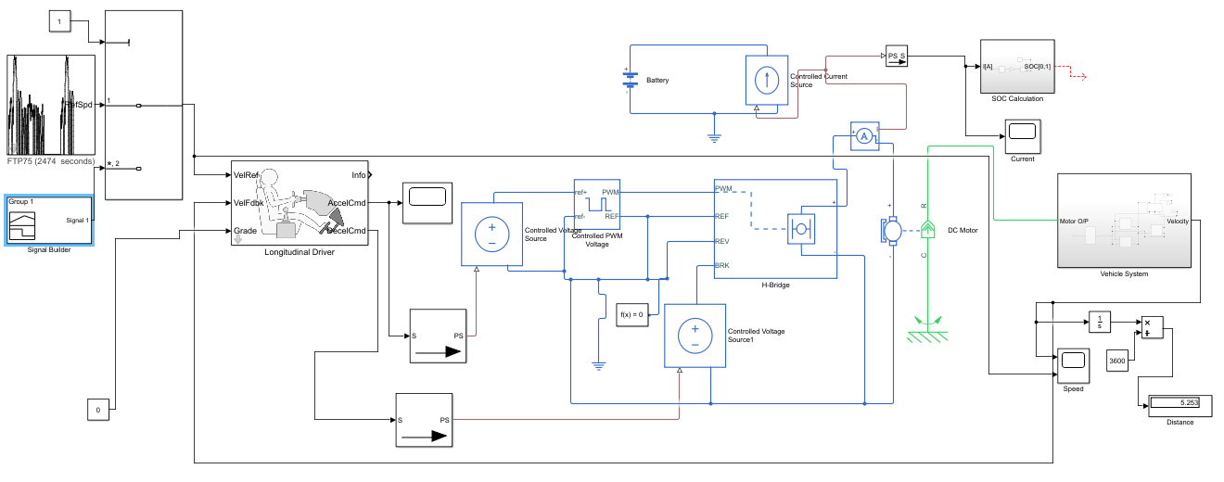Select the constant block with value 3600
point(1117,360)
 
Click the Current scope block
point(1023,135)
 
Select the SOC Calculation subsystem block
point(1016,66)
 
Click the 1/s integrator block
point(1099,323)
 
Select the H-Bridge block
point(774,228)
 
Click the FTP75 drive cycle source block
point(52,105)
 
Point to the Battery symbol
point(629,81)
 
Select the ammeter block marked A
point(864,136)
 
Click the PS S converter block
point(897,57)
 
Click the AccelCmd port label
point(346,203)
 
